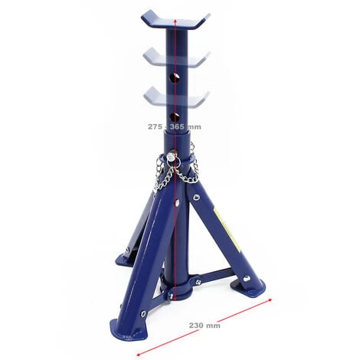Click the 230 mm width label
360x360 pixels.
pyautogui.click(x=205, y=326)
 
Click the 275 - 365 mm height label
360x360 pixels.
pyautogui.click(x=175, y=126)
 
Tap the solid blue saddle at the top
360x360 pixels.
pyautogui.click(x=175, y=20)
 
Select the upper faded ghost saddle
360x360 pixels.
pyautogui.click(x=176, y=57)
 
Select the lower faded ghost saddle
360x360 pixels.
pyautogui.click(x=176, y=96)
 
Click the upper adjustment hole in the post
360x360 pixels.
pyautogui.click(x=175, y=78)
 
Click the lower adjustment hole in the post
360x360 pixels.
pyautogui.click(x=175, y=117)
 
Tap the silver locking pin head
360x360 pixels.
pyautogui.click(x=172, y=156)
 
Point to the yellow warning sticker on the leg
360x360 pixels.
pyautogui.click(x=227, y=229)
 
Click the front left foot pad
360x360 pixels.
pyautogui.click(x=129, y=329)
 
